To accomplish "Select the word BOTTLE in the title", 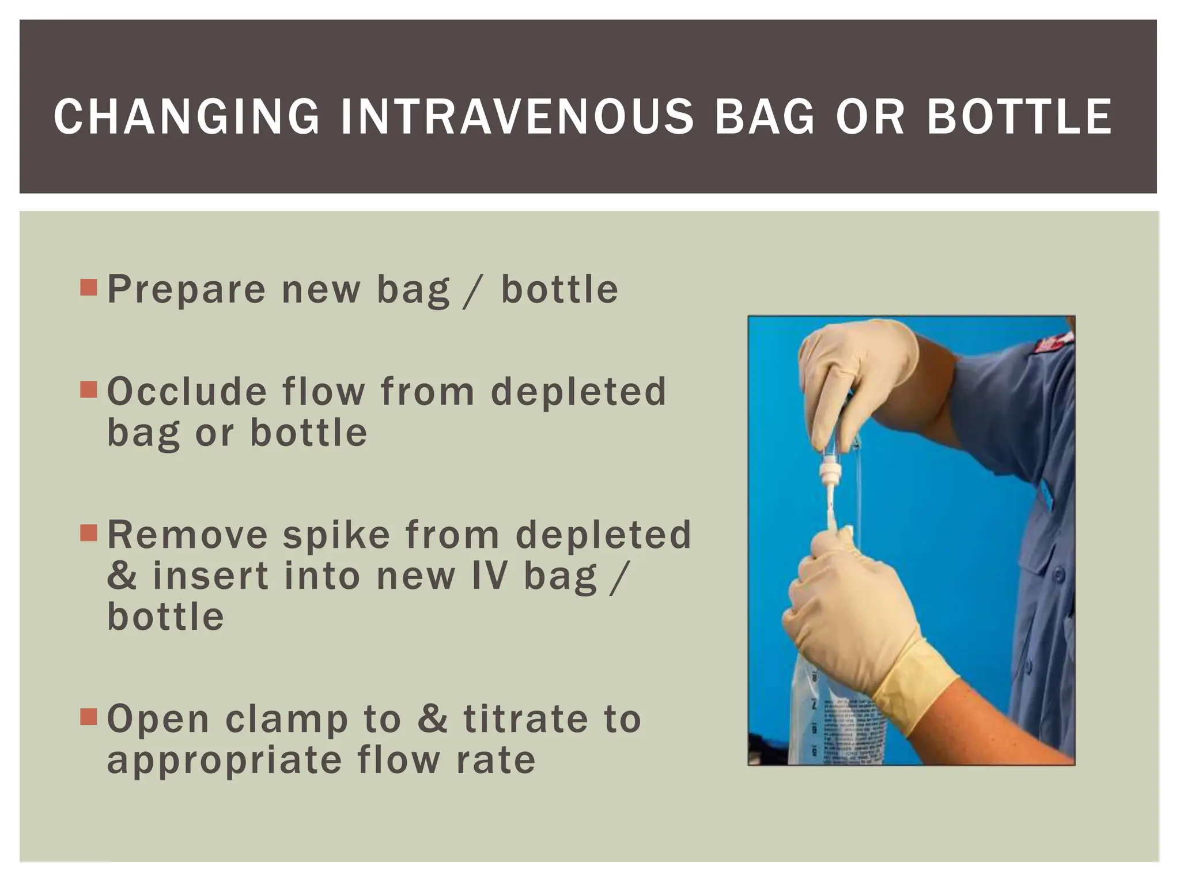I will pos(1019,116).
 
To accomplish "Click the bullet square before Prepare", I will pos(89,287).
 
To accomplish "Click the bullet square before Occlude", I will pos(89,389).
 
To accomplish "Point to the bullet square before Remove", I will pos(89,532).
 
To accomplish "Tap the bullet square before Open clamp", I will pos(89,717).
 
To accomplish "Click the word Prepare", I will pos(186,290).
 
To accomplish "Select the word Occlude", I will pos(186,392).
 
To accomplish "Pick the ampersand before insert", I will pos(122,576).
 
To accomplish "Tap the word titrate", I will pos(525,719).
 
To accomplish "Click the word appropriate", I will pos(225,761).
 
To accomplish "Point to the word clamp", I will pos(286,720).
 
